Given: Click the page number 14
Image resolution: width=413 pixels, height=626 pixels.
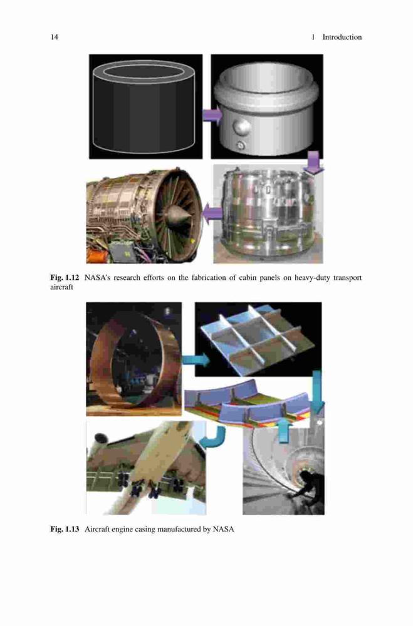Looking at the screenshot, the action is click(54, 37).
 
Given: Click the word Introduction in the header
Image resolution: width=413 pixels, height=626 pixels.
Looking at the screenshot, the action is click(342, 37).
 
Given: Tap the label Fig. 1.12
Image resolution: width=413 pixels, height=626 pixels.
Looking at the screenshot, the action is click(65, 277).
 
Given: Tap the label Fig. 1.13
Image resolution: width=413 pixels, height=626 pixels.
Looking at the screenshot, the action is click(65, 530).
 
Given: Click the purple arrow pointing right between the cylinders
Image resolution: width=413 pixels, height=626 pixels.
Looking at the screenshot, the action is click(212, 115).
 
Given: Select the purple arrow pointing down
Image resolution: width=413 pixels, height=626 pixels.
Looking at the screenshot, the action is click(313, 163).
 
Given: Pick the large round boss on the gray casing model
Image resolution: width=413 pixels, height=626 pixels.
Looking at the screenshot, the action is click(241, 127).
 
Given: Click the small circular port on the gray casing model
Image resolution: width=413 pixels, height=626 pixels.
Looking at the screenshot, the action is click(240, 145).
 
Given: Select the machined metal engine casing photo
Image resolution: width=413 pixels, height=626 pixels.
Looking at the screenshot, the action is click(267, 214).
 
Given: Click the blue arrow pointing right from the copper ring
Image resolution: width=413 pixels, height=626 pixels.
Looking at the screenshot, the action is click(195, 361).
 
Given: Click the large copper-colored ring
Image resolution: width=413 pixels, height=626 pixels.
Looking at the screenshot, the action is click(95, 360).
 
